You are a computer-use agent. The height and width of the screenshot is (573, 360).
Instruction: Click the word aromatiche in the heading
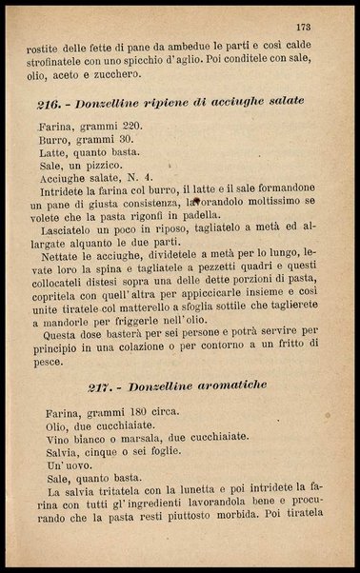pos(229,385)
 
